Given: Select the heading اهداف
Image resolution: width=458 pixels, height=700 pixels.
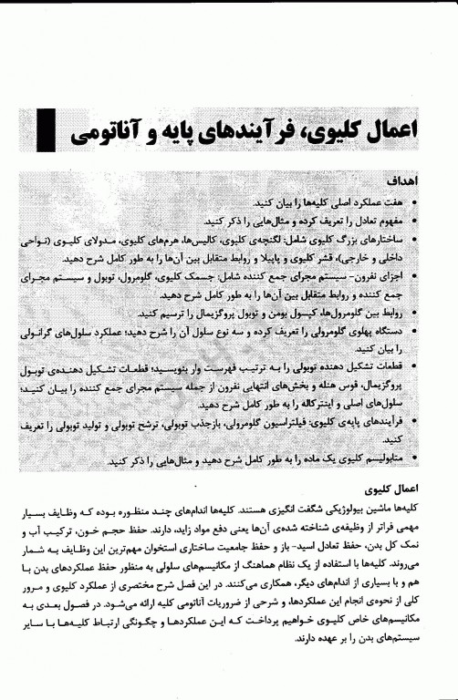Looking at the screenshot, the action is coord(401,180).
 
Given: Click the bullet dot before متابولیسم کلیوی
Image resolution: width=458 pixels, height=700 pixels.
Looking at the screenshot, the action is coord(417,462).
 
